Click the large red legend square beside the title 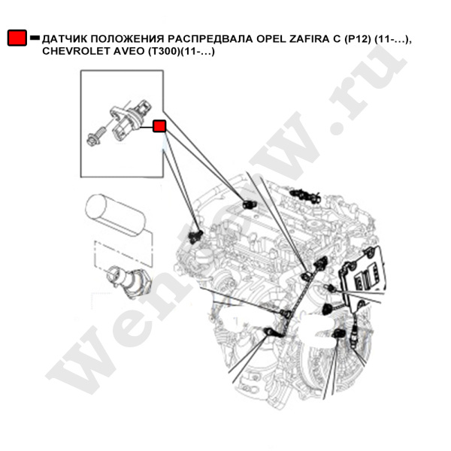(17, 38)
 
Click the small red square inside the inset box (159, 126)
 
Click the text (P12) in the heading (358, 39)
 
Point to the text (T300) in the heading (164, 51)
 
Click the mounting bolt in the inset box (95, 138)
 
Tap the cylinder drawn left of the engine (115, 214)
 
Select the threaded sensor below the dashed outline (127, 281)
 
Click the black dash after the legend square (35, 38)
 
